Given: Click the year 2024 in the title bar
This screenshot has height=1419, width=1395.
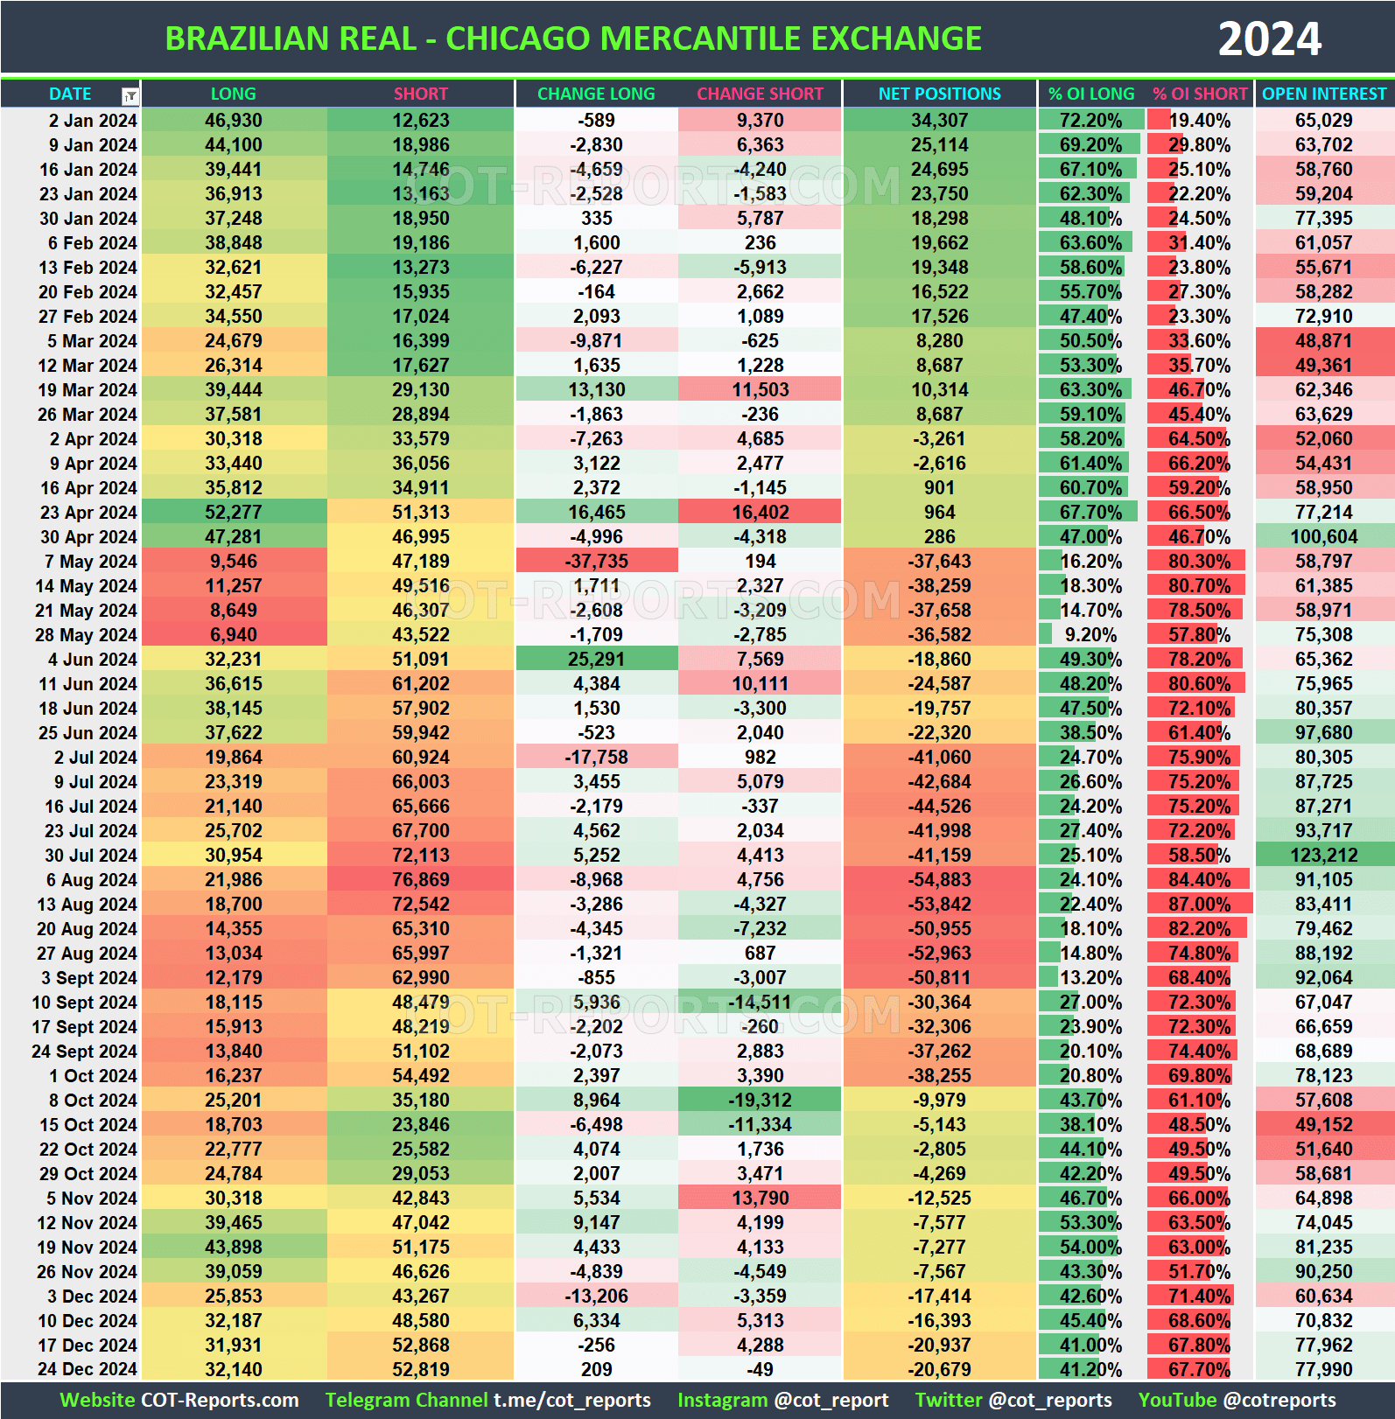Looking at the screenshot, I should click(x=1269, y=38).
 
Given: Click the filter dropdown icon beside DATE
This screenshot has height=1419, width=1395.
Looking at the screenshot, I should click(x=130, y=95).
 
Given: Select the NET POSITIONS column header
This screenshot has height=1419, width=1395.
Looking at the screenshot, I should click(x=939, y=94).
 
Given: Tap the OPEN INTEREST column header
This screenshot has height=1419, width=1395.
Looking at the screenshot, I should click(x=1324, y=94).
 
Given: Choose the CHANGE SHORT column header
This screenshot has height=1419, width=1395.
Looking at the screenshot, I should click(x=760, y=94).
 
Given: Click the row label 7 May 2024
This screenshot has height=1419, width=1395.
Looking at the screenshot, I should click(x=90, y=562).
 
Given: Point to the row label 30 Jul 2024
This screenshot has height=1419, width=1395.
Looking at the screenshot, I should click(x=90, y=856).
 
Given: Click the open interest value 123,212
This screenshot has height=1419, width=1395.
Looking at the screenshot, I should click(x=1323, y=856).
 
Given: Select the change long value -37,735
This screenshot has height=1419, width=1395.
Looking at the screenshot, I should click(x=596, y=562).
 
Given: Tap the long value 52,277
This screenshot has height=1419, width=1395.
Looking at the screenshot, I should click(x=234, y=513).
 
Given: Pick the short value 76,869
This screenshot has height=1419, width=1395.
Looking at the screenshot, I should click(x=420, y=880).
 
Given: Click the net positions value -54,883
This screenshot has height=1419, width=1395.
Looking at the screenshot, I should click(x=939, y=880).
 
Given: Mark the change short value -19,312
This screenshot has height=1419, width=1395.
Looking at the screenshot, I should click(x=760, y=1101).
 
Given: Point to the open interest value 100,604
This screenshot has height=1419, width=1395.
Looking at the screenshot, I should click(x=1323, y=537).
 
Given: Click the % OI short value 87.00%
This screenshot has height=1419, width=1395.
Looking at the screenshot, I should click(x=1199, y=905).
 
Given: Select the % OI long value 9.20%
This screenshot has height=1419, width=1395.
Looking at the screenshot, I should click(x=1090, y=635).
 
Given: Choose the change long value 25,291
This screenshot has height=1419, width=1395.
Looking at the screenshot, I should click(x=596, y=660).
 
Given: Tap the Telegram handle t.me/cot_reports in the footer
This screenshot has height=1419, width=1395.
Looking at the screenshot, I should click(x=572, y=1401).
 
